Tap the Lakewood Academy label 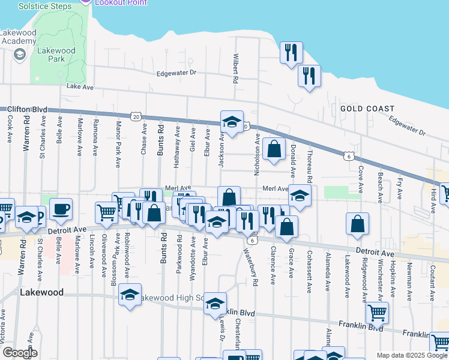19,36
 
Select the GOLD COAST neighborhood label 367,109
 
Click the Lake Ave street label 80,87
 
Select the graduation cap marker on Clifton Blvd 232,122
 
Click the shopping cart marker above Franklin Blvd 377,311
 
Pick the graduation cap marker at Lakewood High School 130,295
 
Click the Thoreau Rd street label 310,167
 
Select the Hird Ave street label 432,191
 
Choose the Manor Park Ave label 119,137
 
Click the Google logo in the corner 19,353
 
